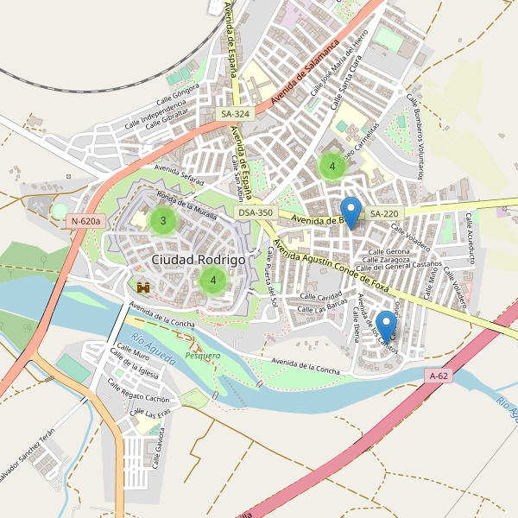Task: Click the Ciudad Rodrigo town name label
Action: [x=198, y=259]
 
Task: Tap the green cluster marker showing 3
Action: [x=162, y=221]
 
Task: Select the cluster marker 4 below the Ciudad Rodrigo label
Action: [x=212, y=280]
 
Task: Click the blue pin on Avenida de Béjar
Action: [x=351, y=212]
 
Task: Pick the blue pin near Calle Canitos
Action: [x=387, y=325]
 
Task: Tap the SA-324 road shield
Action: [x=235, y=114]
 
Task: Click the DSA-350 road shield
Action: [x=256, y=212]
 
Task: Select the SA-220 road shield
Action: [x=384, y=213]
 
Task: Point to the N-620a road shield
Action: [x=86, y=221]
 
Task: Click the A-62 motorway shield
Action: [x=439, y=376]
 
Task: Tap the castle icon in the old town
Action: [x=143, y=286]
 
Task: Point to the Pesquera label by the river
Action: [x=203, y=355]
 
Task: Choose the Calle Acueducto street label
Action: [x=471, y=237]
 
